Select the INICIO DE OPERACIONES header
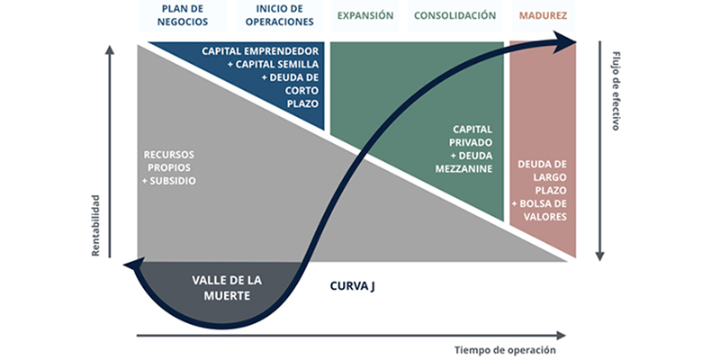coord(280,15)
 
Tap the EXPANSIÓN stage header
coord(365,15)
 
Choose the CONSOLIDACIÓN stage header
coord(455,15)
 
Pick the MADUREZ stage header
coord(544,15)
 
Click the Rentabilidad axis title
coord(96,226)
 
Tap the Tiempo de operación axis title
coord(506,350)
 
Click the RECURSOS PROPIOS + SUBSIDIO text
coord(169,167)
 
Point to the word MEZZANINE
coord(463,169)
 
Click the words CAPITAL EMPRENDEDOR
coord(260,51)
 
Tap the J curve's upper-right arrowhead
coord(565,40)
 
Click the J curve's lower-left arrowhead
coord(133,265)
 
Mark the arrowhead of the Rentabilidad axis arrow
coord(109,49)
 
